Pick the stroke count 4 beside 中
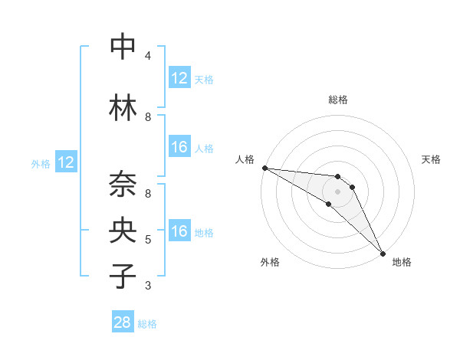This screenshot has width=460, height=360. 148,55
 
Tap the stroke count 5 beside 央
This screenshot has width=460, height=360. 148,240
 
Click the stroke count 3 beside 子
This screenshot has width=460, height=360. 148,286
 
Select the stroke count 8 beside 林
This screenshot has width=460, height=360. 148,117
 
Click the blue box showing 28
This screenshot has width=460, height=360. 123,322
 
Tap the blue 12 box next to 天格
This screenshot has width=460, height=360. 179,78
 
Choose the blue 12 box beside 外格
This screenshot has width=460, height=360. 66,162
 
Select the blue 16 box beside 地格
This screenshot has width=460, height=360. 179,231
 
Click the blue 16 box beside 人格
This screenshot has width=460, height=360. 179,147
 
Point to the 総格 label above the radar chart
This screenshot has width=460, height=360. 338,100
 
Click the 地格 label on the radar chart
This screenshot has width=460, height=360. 402,263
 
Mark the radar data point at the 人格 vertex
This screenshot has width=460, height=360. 264,168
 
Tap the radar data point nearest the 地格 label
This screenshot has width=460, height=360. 382,253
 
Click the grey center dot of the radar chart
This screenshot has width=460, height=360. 338,191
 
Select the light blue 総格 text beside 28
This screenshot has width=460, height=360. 147,324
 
